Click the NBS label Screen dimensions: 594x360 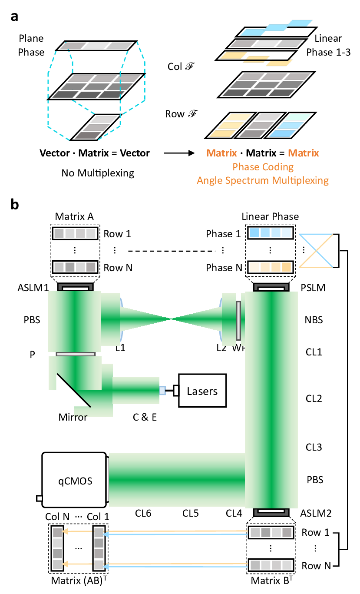pyautogui.click(x=314, y=320)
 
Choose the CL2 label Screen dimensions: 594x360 pyautogui.click(x=313, y=398)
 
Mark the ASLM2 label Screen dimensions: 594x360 pyautogui.click(x=316, y=513)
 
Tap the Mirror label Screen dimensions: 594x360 pyautogui.click(x=73, y=418)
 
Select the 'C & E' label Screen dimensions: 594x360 pyautogui.click(x=145, y=418)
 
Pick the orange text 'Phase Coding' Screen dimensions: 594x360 pyautogui.click(x=263, y=167)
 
